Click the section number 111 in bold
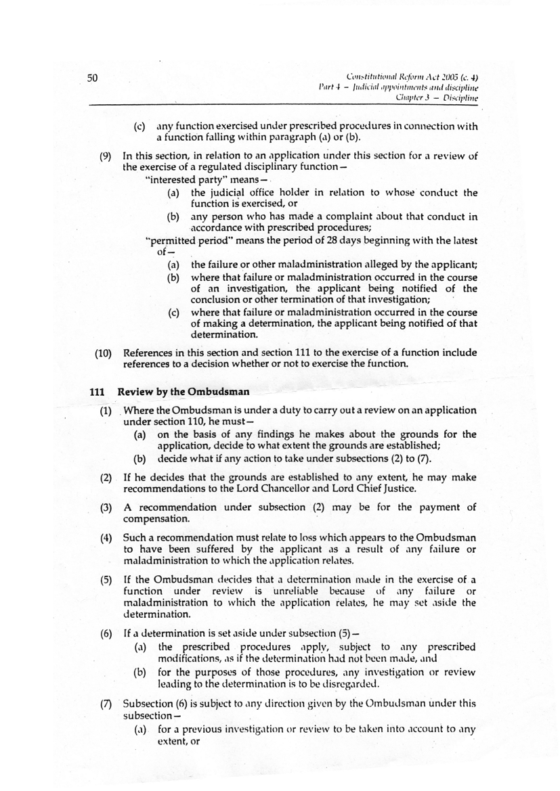(x=98, y=392)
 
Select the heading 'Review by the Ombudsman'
(x=184, y=392)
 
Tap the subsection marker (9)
(x=106, y=156)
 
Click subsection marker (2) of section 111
(x=106, y=478)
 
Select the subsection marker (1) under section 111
(x=106, y=411)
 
